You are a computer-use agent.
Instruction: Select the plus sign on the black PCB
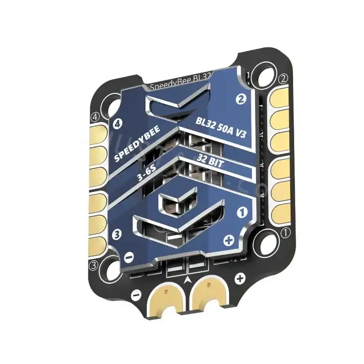[240, 277]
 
